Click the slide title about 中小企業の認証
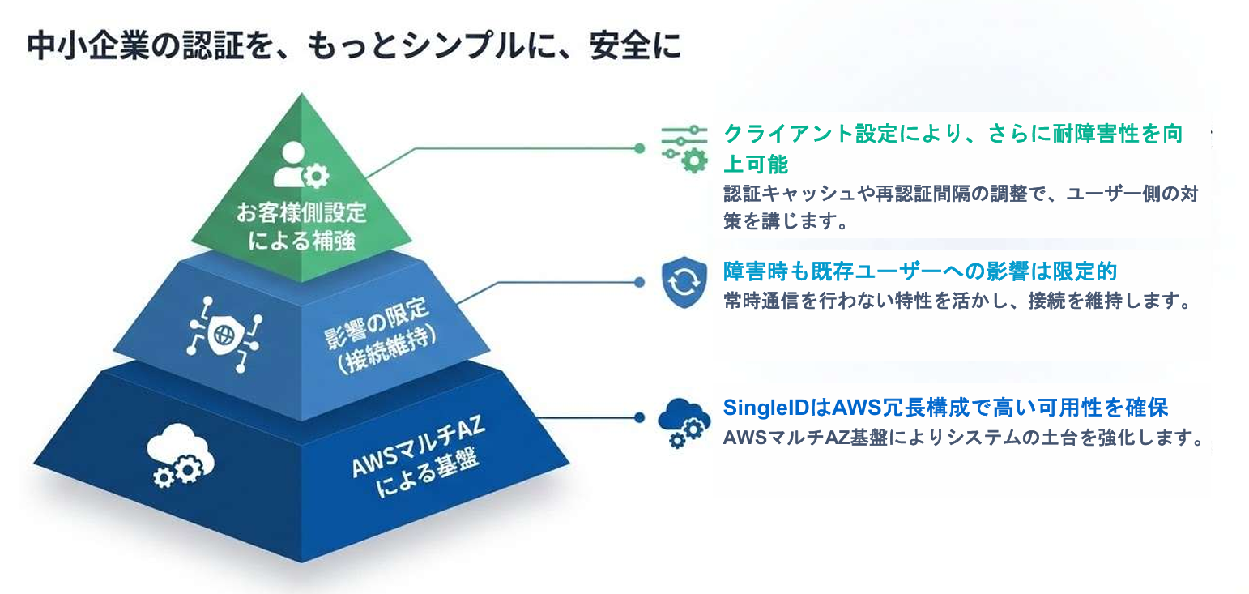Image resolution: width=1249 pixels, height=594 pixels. pyautogui.click(x=354, y=46)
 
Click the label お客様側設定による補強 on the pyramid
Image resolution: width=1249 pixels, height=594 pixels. pyautogui.click(x=301, y=226)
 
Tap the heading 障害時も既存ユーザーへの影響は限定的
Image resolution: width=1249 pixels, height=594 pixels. pyautogui.click(x=920, y=271)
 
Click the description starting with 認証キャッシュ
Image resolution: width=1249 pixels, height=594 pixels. pyautogui.click(x=960, y=207)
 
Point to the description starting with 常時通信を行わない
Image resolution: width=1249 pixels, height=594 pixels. pyautogui.click(x=959, y=301)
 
